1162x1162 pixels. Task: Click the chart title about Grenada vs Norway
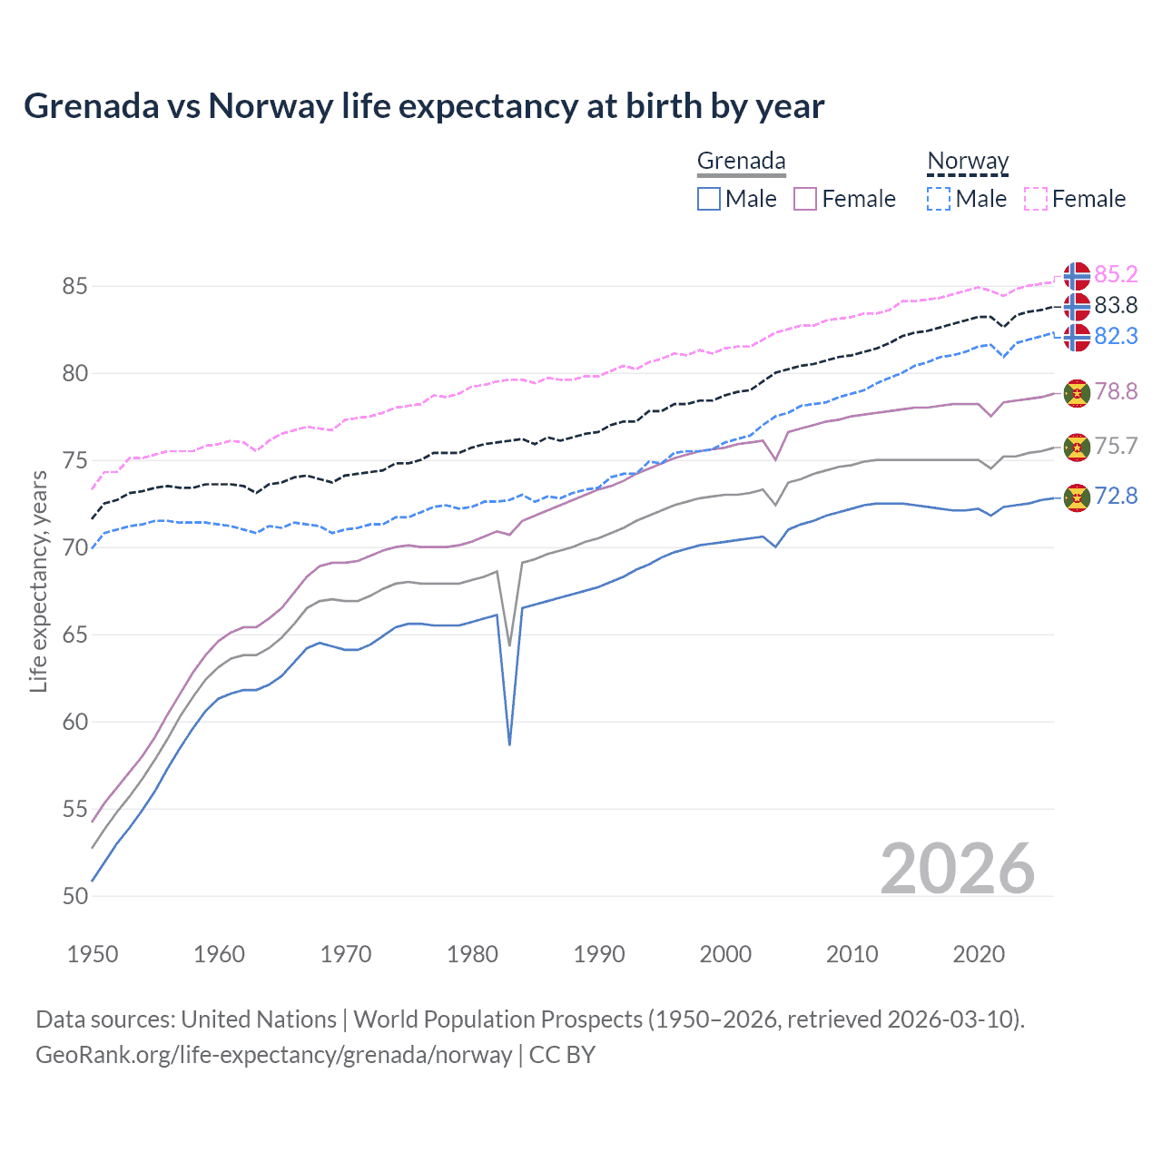click(424, 106)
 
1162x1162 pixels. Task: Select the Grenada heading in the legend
click(741, 161)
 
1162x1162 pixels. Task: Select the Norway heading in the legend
click(968, 161)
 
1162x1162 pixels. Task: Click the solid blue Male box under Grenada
click(709, 199)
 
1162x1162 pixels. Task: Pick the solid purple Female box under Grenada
click(805, 199)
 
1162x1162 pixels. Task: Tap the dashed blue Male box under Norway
click(939, 199)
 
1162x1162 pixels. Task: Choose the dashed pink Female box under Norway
click(1036, 199)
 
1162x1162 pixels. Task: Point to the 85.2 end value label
click(1116, 274)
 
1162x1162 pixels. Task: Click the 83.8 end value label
click(1116, 305)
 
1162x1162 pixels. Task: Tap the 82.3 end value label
click(1116, 336)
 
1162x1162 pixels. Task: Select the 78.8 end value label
click(1116, 391)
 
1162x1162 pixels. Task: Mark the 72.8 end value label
click(1116, 496)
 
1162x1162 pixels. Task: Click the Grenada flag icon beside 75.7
click(1077, 447)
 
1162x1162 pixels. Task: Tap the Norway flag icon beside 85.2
click(1077, 275)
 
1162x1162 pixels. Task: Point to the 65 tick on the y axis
click(75, 635)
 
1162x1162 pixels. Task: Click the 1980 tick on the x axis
click(472, 954)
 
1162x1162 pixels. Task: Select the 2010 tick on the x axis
click(852, 954)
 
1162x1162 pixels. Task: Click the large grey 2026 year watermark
click(957, 869)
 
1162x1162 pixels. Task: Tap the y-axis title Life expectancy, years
click(39, 581)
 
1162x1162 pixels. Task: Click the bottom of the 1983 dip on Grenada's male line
click(510, 743)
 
